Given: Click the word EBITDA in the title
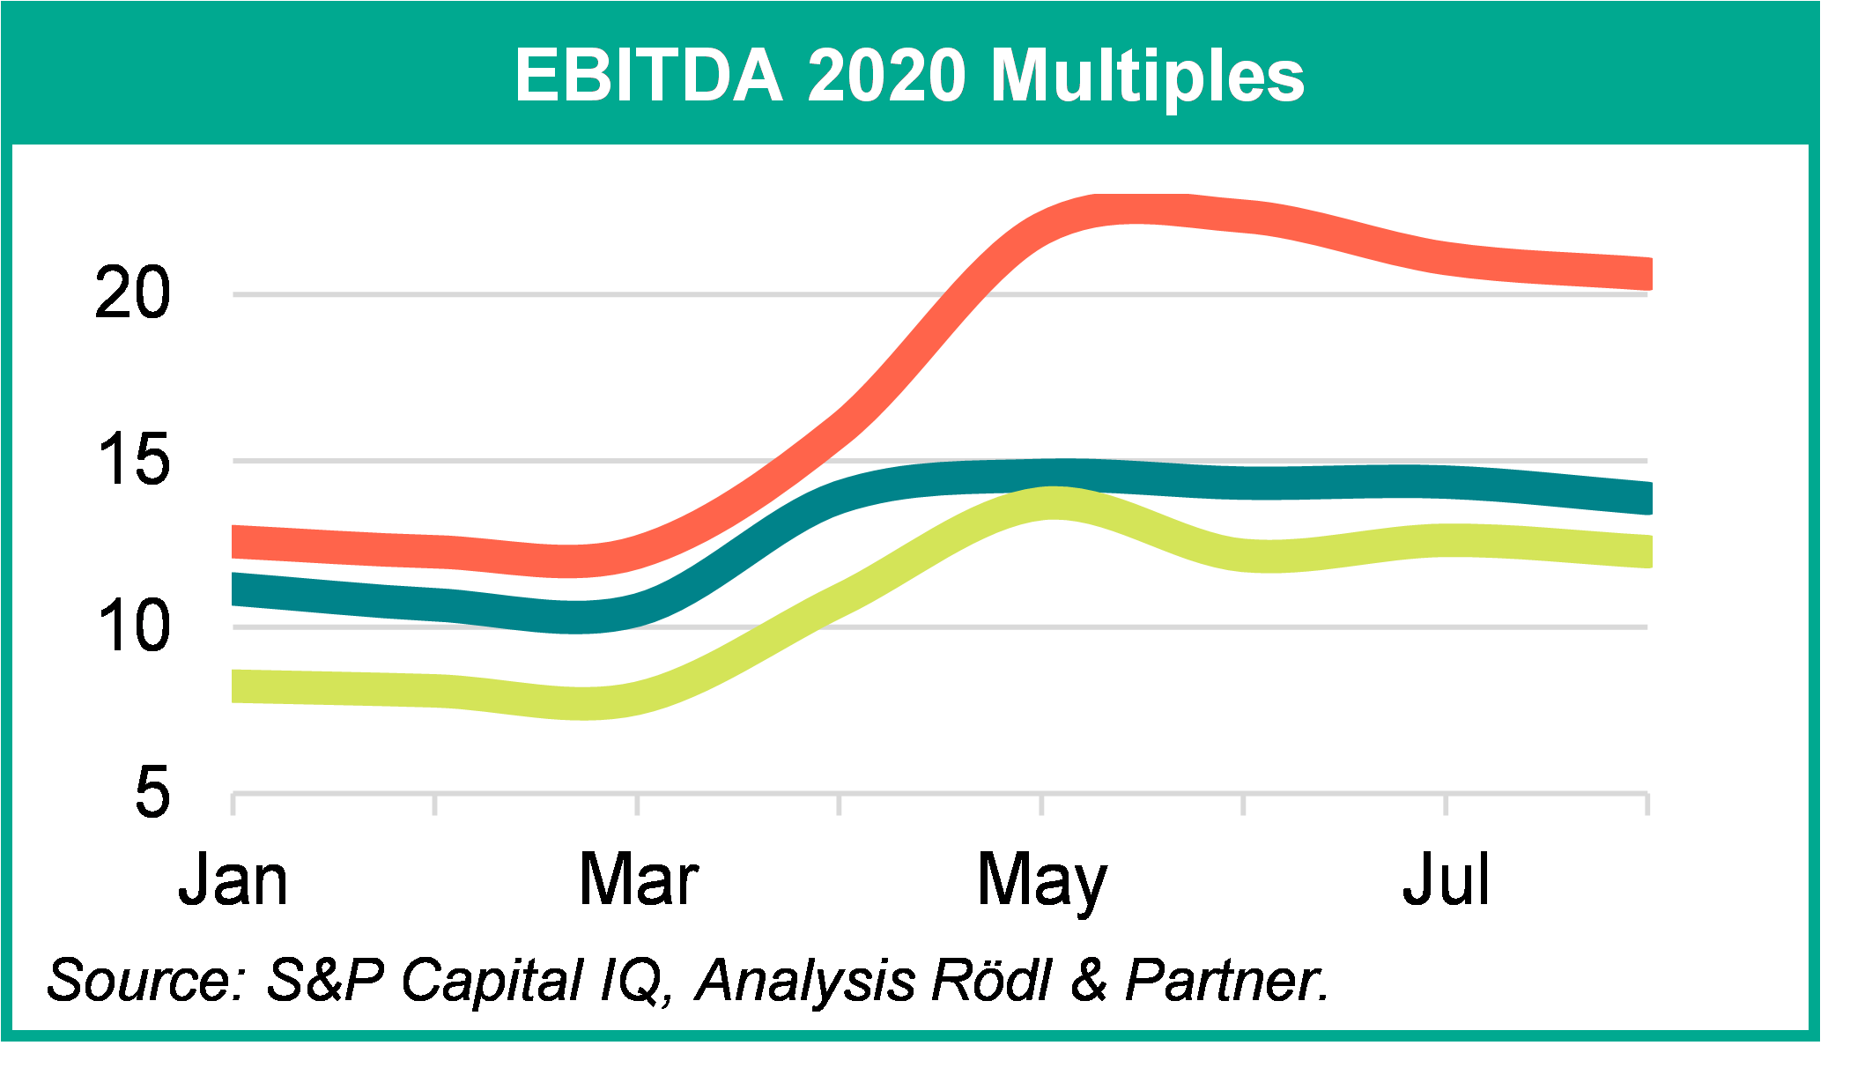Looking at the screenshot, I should [648, 76].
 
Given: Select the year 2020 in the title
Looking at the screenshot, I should [886, 76].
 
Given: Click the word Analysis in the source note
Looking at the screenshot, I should [806, 980].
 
